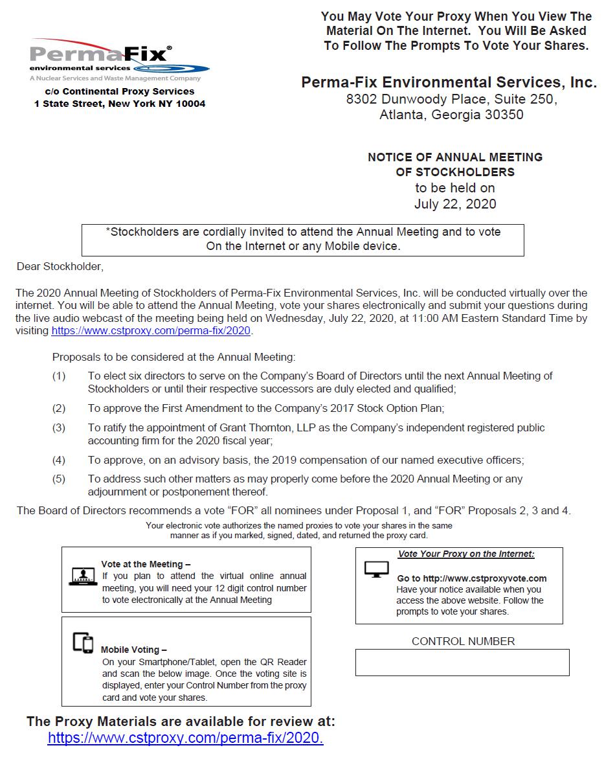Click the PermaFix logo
click(119, 60)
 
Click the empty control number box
click(462, 663)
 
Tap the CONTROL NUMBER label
click(463, 641)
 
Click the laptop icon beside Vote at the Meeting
click(82, 576)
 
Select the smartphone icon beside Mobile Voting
click(83, 642)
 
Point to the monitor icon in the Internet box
click(377, 569)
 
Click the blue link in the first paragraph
click(151, 330)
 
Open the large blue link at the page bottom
click(185, 738)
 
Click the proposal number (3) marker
click(59, 427)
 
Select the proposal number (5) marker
click(59, 479)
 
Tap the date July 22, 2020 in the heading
click(454, 204)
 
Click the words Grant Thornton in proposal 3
click(267, 427)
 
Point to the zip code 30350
click(503, 115)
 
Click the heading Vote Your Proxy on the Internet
click(466, 554)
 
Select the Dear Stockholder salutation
click(60, 266)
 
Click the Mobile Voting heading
click(133, 650)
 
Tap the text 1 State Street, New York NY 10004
click(120, 104)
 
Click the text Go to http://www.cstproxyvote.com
click(471, 578)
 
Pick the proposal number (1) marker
click(59, 376)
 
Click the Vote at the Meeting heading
click(146, 564)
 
